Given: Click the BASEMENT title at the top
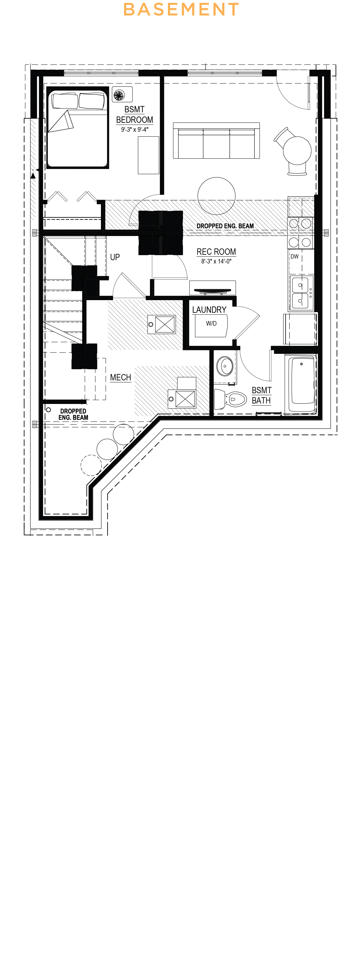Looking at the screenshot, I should [x=181, y=10].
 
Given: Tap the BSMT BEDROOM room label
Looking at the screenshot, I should [x=135, y=115].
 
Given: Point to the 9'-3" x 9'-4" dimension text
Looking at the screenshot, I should [x=135, y=130].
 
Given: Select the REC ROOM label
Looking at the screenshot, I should [x=216, y=252].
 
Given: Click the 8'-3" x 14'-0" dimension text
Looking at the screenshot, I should [x=216, y=261].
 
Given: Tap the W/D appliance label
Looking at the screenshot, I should [x=211, y=323].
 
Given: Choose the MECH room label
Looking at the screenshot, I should [x=120, y=377].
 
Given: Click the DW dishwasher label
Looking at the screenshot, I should [x=294, y=257].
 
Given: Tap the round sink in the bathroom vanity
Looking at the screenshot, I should [x=225, y=366].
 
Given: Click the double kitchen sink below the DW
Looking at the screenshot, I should [x=300, y=293].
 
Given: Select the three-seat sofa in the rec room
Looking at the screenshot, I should [x=216, y=141].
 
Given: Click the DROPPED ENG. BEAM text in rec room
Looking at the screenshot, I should [x=225, y=226].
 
